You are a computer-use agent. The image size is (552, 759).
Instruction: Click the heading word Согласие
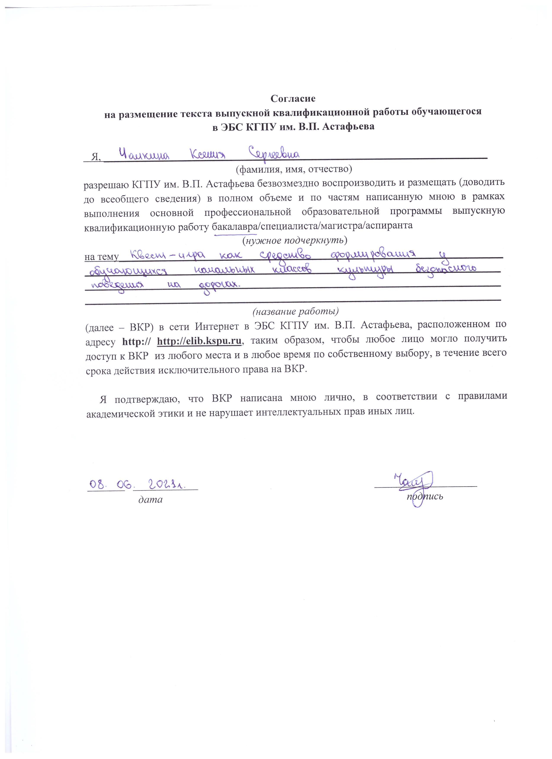coord(293,99)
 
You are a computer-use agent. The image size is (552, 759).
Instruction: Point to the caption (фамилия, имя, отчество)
coord(294,169)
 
